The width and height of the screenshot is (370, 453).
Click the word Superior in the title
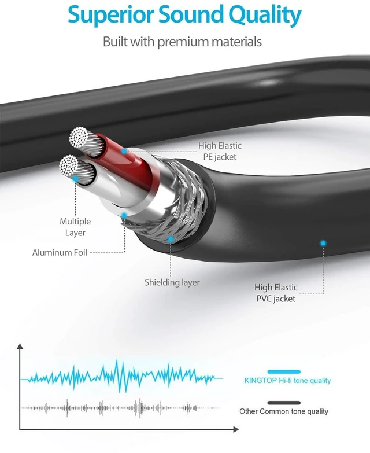[110, 15]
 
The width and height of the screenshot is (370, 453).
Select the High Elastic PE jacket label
[220, 151]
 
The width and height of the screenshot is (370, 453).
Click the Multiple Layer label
[75, 227]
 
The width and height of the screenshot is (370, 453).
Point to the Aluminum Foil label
[60, 252]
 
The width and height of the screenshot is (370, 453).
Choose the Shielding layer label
[172, 282]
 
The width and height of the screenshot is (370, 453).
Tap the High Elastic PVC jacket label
[276, 293]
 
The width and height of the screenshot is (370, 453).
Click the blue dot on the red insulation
[124, 151]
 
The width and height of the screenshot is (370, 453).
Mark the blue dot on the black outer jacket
[323, 243]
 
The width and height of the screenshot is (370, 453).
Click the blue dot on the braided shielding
[171, 239]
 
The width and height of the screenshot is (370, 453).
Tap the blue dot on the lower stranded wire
[75, 179]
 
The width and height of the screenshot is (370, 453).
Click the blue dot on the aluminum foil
[124, 216]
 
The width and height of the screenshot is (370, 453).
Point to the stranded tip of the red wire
[79, 137]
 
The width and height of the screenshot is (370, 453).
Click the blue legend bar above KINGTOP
[284, 372]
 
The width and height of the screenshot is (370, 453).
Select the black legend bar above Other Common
[284, 403]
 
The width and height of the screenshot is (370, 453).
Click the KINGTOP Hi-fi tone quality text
[287, 381]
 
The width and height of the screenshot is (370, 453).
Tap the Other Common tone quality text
[284, 411]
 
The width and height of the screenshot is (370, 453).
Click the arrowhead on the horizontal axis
[236, 429]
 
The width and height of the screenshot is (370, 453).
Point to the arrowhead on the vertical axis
[20, 347]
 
